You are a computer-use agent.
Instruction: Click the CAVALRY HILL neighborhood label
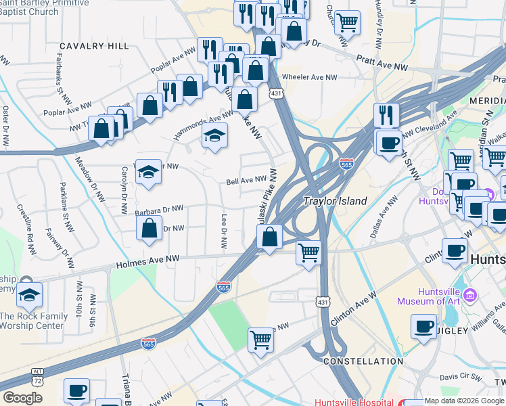coord(94,46)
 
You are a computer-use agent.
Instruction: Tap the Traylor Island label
coord(335,201)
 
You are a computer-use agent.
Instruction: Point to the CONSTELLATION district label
coord(363,362)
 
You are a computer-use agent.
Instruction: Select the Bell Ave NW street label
coord(246,181)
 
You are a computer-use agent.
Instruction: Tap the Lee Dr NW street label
coord(224,231)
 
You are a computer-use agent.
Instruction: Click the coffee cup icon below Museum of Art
coord(424,326)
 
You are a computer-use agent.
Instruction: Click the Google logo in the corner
coord(22,398)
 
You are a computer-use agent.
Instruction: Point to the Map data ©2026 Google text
coord(464,401)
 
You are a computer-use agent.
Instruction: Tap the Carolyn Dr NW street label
coord(124,191)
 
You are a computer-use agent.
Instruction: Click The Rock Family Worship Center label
coord(34,321)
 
